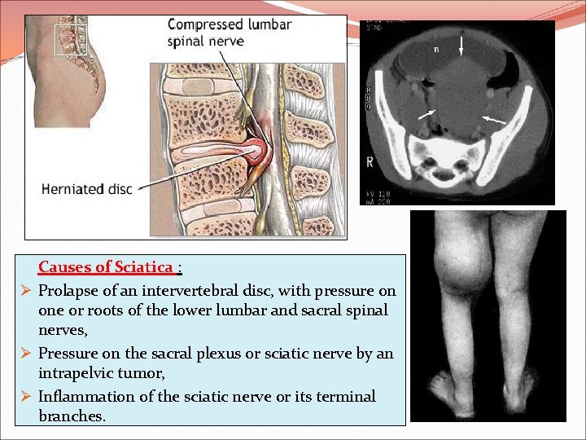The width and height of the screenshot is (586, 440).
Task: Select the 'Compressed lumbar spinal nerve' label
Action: [229, 33]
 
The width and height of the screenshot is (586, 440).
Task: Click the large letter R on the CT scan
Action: [370, 162]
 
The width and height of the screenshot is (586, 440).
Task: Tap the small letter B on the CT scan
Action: [435, 50]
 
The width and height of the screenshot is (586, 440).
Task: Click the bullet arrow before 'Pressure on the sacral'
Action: [25, 354]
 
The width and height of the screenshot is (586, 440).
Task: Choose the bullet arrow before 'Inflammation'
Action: [25, 396]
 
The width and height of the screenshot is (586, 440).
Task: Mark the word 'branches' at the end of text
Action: [71, 416]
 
